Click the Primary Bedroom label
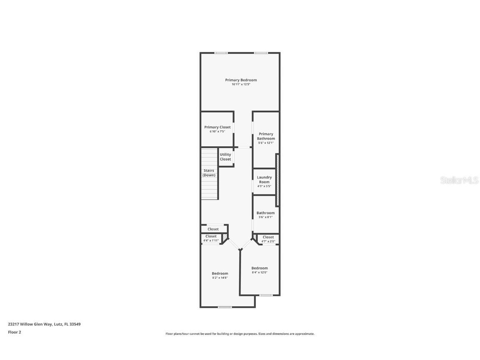click(x=241, y=80)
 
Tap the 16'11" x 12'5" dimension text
click(x=241, y=85)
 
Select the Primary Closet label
click(x=217, y=127)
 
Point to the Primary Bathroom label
click(x=266, y=136)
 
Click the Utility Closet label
click(x=225, y=157)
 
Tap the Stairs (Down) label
click(x=209, y=173)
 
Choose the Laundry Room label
click(x=264, y=180)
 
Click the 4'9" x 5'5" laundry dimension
click(x=264, y=186)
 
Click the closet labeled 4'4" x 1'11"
click(x=211, y=238)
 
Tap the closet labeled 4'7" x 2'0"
click(x=268, y=239)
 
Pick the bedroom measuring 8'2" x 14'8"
click(x=220, y=275)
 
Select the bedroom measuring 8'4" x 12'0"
click(x=260, y=270)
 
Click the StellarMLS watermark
click(x=460, y=180)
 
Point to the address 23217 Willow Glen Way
click(x=44, y=324)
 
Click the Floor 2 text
click(x=14, y=332)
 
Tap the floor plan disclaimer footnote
click(x=240, y=334)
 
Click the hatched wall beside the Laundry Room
click(x=277, y=180)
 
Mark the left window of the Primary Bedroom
click(x=221, y=53)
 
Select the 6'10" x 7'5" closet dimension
click(x=217, y=132)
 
